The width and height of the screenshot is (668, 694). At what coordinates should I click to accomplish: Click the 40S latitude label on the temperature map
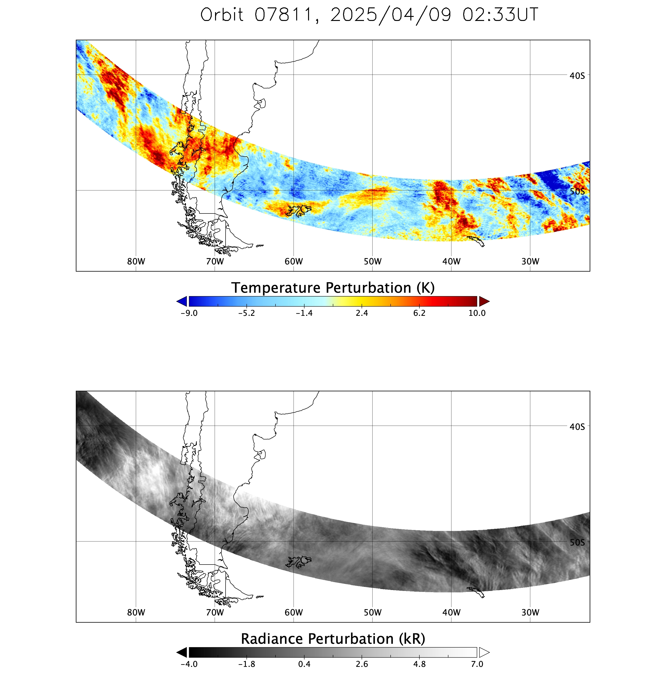tap(577, 76)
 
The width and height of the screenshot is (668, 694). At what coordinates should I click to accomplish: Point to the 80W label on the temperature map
tap(136, 261)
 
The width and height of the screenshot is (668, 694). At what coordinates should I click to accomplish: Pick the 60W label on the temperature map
tap(294, 261)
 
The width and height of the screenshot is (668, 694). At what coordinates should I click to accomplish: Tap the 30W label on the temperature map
tap(530, 261)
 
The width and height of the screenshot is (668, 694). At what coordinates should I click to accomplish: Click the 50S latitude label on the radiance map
tap(577, 542)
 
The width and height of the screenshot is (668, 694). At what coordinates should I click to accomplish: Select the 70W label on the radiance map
tap(215, 612)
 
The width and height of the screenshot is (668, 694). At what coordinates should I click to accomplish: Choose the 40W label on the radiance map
tap(451, 612)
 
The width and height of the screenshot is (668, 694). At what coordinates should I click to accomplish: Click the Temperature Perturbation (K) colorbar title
tap(333, 288)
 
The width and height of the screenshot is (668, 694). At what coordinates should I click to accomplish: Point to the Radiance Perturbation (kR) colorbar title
tap(333, 639)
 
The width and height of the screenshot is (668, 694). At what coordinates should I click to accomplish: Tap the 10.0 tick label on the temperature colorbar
tap(477, 313)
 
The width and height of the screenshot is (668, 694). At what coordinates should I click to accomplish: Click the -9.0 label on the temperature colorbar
tap(189, 313)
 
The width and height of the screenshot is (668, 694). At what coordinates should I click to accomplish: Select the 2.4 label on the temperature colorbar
tap(362, 313)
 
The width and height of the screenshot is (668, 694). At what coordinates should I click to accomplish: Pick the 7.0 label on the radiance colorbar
tap(477, 664)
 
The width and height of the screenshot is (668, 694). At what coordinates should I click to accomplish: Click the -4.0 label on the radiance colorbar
tap(189, 664)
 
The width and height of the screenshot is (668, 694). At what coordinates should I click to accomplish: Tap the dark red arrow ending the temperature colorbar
tap(484, 301)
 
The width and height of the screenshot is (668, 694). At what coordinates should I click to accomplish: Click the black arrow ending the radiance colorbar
tap(182, 652)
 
